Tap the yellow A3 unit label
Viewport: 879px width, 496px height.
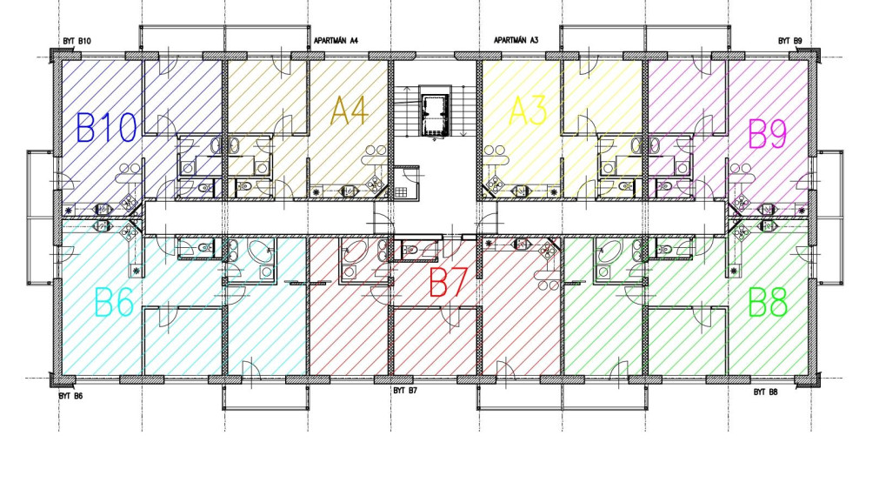(528, 111)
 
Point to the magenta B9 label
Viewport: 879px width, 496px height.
(768, 135)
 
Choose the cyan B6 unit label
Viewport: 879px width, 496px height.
(113, 304)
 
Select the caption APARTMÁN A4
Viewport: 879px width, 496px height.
(336, 41)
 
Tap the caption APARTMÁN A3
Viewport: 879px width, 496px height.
(516, 41)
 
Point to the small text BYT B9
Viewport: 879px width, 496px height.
(789, 41)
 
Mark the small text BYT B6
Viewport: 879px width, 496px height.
(71, 395)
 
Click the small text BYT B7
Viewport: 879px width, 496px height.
(405, 391)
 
